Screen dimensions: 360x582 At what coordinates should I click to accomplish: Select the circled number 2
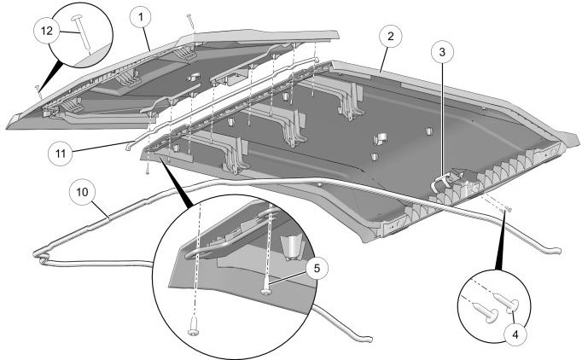click(390, 37)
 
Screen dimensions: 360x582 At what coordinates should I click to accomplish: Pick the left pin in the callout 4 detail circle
click(489, 314)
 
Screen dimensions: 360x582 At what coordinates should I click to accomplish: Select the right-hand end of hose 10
click(556, 251)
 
